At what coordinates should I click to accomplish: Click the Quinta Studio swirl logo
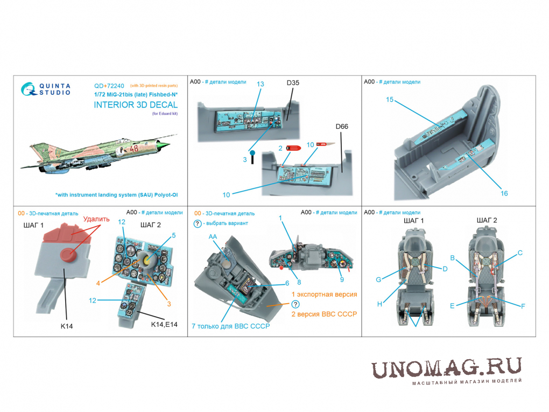[x=29, y=89]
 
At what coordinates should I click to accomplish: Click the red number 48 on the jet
[x=134, y=148]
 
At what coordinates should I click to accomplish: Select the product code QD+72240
[x=109, y=86]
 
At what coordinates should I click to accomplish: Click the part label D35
[x=293, y=83]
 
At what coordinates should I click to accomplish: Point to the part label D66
[x=342, y=127]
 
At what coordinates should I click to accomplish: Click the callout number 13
[x=260, y=84]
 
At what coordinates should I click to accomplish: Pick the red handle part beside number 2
[x=293, y=148]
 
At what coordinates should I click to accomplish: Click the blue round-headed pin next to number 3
[x=252, y=157]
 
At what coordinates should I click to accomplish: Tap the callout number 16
[x=504, y=193]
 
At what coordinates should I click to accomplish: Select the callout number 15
[x=389, y=100]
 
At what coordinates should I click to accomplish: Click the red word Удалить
[x=96, y=219]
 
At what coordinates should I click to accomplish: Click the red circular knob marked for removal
[x=68, y=255]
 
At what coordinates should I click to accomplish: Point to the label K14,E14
[x=164, y=324]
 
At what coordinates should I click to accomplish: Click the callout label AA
[x=213, y=236]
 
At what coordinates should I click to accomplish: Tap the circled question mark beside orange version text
[x=295, y=304]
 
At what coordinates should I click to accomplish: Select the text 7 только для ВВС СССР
[x=231, y=326]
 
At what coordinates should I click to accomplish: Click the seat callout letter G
[x=378, y=280]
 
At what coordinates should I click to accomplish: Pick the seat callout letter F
[x=523, y=306]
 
